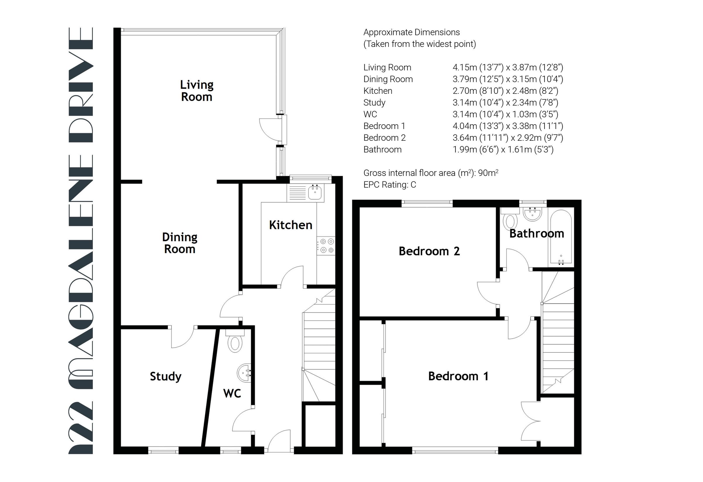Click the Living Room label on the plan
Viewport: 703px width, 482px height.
[197, 91]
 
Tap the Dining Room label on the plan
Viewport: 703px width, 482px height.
[180, 243]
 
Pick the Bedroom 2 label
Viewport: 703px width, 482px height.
[429, 251]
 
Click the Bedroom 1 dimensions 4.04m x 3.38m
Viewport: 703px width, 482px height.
[508, 126]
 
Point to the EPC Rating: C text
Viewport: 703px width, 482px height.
[390, 185]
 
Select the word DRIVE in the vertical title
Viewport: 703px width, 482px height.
[81, 85]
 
